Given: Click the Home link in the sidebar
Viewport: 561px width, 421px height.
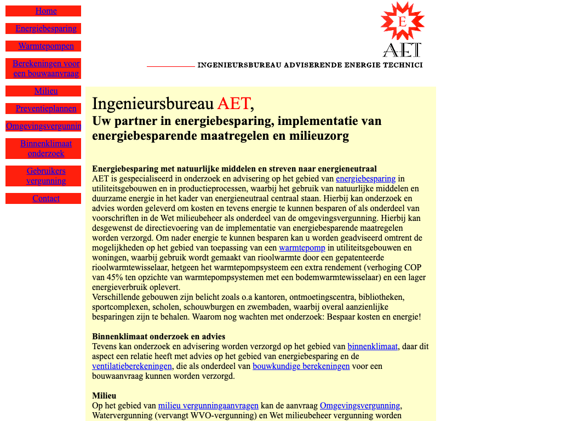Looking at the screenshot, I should coord(46,11).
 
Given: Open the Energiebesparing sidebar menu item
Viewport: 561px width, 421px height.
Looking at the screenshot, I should coord(46,29).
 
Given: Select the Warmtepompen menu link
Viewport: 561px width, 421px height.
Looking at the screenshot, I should coord(46,46).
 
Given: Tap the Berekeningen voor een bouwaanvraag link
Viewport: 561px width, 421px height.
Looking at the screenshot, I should coord(46,69).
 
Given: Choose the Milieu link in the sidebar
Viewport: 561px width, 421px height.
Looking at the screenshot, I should coord(46,91).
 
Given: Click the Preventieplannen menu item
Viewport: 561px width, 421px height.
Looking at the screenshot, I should coord(46,109).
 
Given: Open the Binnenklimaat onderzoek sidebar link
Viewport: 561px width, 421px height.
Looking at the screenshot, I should coord(46,149).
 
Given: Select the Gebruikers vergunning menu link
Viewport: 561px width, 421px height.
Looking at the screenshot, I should coord(46,176).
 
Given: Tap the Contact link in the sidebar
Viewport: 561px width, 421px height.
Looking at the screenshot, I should coord(46,198).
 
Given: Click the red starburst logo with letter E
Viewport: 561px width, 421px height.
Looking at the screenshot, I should coord(402,21).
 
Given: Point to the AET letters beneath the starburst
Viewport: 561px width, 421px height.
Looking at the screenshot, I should coord(402,50).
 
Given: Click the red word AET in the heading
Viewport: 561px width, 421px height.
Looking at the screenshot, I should coord(233,103).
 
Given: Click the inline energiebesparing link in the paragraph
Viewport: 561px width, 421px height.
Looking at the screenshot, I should coord(365,179).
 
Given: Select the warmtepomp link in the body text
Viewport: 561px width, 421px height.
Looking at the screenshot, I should coord(302,248).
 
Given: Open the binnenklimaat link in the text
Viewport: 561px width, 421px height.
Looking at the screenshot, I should coord(373,346).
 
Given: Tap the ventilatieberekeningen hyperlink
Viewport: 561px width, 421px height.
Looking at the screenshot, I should coord(132,366).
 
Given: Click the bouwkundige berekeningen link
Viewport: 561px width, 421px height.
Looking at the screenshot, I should coord(301,366).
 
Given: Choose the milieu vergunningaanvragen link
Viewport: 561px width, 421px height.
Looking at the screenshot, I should coord(208,406).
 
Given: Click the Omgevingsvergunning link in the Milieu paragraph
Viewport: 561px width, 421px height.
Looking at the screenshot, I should coord(360,406).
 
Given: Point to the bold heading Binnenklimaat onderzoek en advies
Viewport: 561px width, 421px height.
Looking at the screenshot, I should coord(158,337).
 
